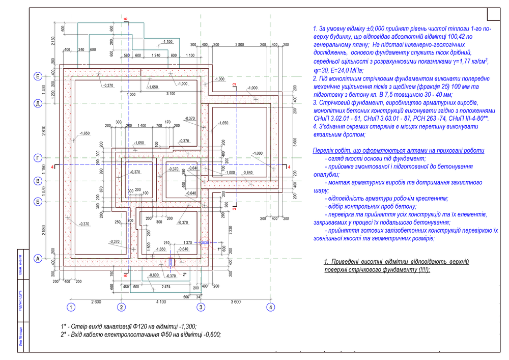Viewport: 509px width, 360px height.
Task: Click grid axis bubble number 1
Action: pyautogui.click(x=71, y=307)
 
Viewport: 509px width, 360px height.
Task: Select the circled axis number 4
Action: pyautogui.click(x=271, y=307)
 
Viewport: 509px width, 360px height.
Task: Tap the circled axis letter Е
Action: pyautogui.click(x=38, y=76)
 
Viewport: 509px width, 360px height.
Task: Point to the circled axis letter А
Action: pyautogui.click(x=38, y=258)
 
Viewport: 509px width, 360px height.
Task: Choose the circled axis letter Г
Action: pyautogui.click(x=38, y=158)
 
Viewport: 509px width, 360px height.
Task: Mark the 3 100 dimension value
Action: pyautogui.click(x=171, y=94)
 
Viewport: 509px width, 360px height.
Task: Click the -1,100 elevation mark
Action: pyautogui.click(x=167, y=41)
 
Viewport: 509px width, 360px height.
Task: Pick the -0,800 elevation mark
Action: pyautogui.click(x=153, y=275)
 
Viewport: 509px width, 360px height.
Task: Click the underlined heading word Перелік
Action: pyautogui.click(x=326, y=151)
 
